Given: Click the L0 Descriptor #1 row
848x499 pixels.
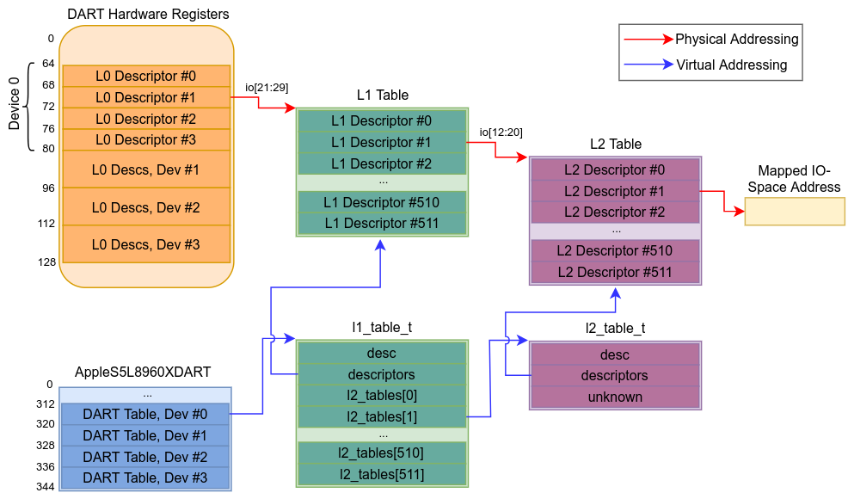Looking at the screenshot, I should point(145,97).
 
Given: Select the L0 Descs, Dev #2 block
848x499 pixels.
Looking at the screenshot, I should point(145,207).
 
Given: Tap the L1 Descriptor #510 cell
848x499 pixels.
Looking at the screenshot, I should point(381,202).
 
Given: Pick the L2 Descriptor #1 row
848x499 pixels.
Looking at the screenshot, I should point(615,191).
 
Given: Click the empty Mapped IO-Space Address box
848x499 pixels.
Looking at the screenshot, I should point(794,212).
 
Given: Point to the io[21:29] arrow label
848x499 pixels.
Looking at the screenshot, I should point(267,87).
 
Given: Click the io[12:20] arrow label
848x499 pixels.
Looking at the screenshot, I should point(501,132).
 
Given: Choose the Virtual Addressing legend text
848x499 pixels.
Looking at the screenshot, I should point(731,65).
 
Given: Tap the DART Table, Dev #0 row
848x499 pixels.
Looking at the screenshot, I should point(145,414).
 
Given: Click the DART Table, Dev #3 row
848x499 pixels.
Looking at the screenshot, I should point(145,478).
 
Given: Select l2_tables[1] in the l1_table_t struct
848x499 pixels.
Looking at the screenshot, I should point(381,416).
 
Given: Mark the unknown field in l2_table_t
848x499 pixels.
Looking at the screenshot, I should point(615,397).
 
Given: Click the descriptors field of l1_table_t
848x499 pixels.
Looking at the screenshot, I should point(381,374).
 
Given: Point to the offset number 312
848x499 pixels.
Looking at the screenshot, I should point(45,404).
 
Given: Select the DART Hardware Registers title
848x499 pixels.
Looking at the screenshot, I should point(147,15).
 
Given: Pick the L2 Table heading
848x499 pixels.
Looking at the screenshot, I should point(615,144).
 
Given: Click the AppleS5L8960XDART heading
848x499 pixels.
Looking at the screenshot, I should point(143,373).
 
